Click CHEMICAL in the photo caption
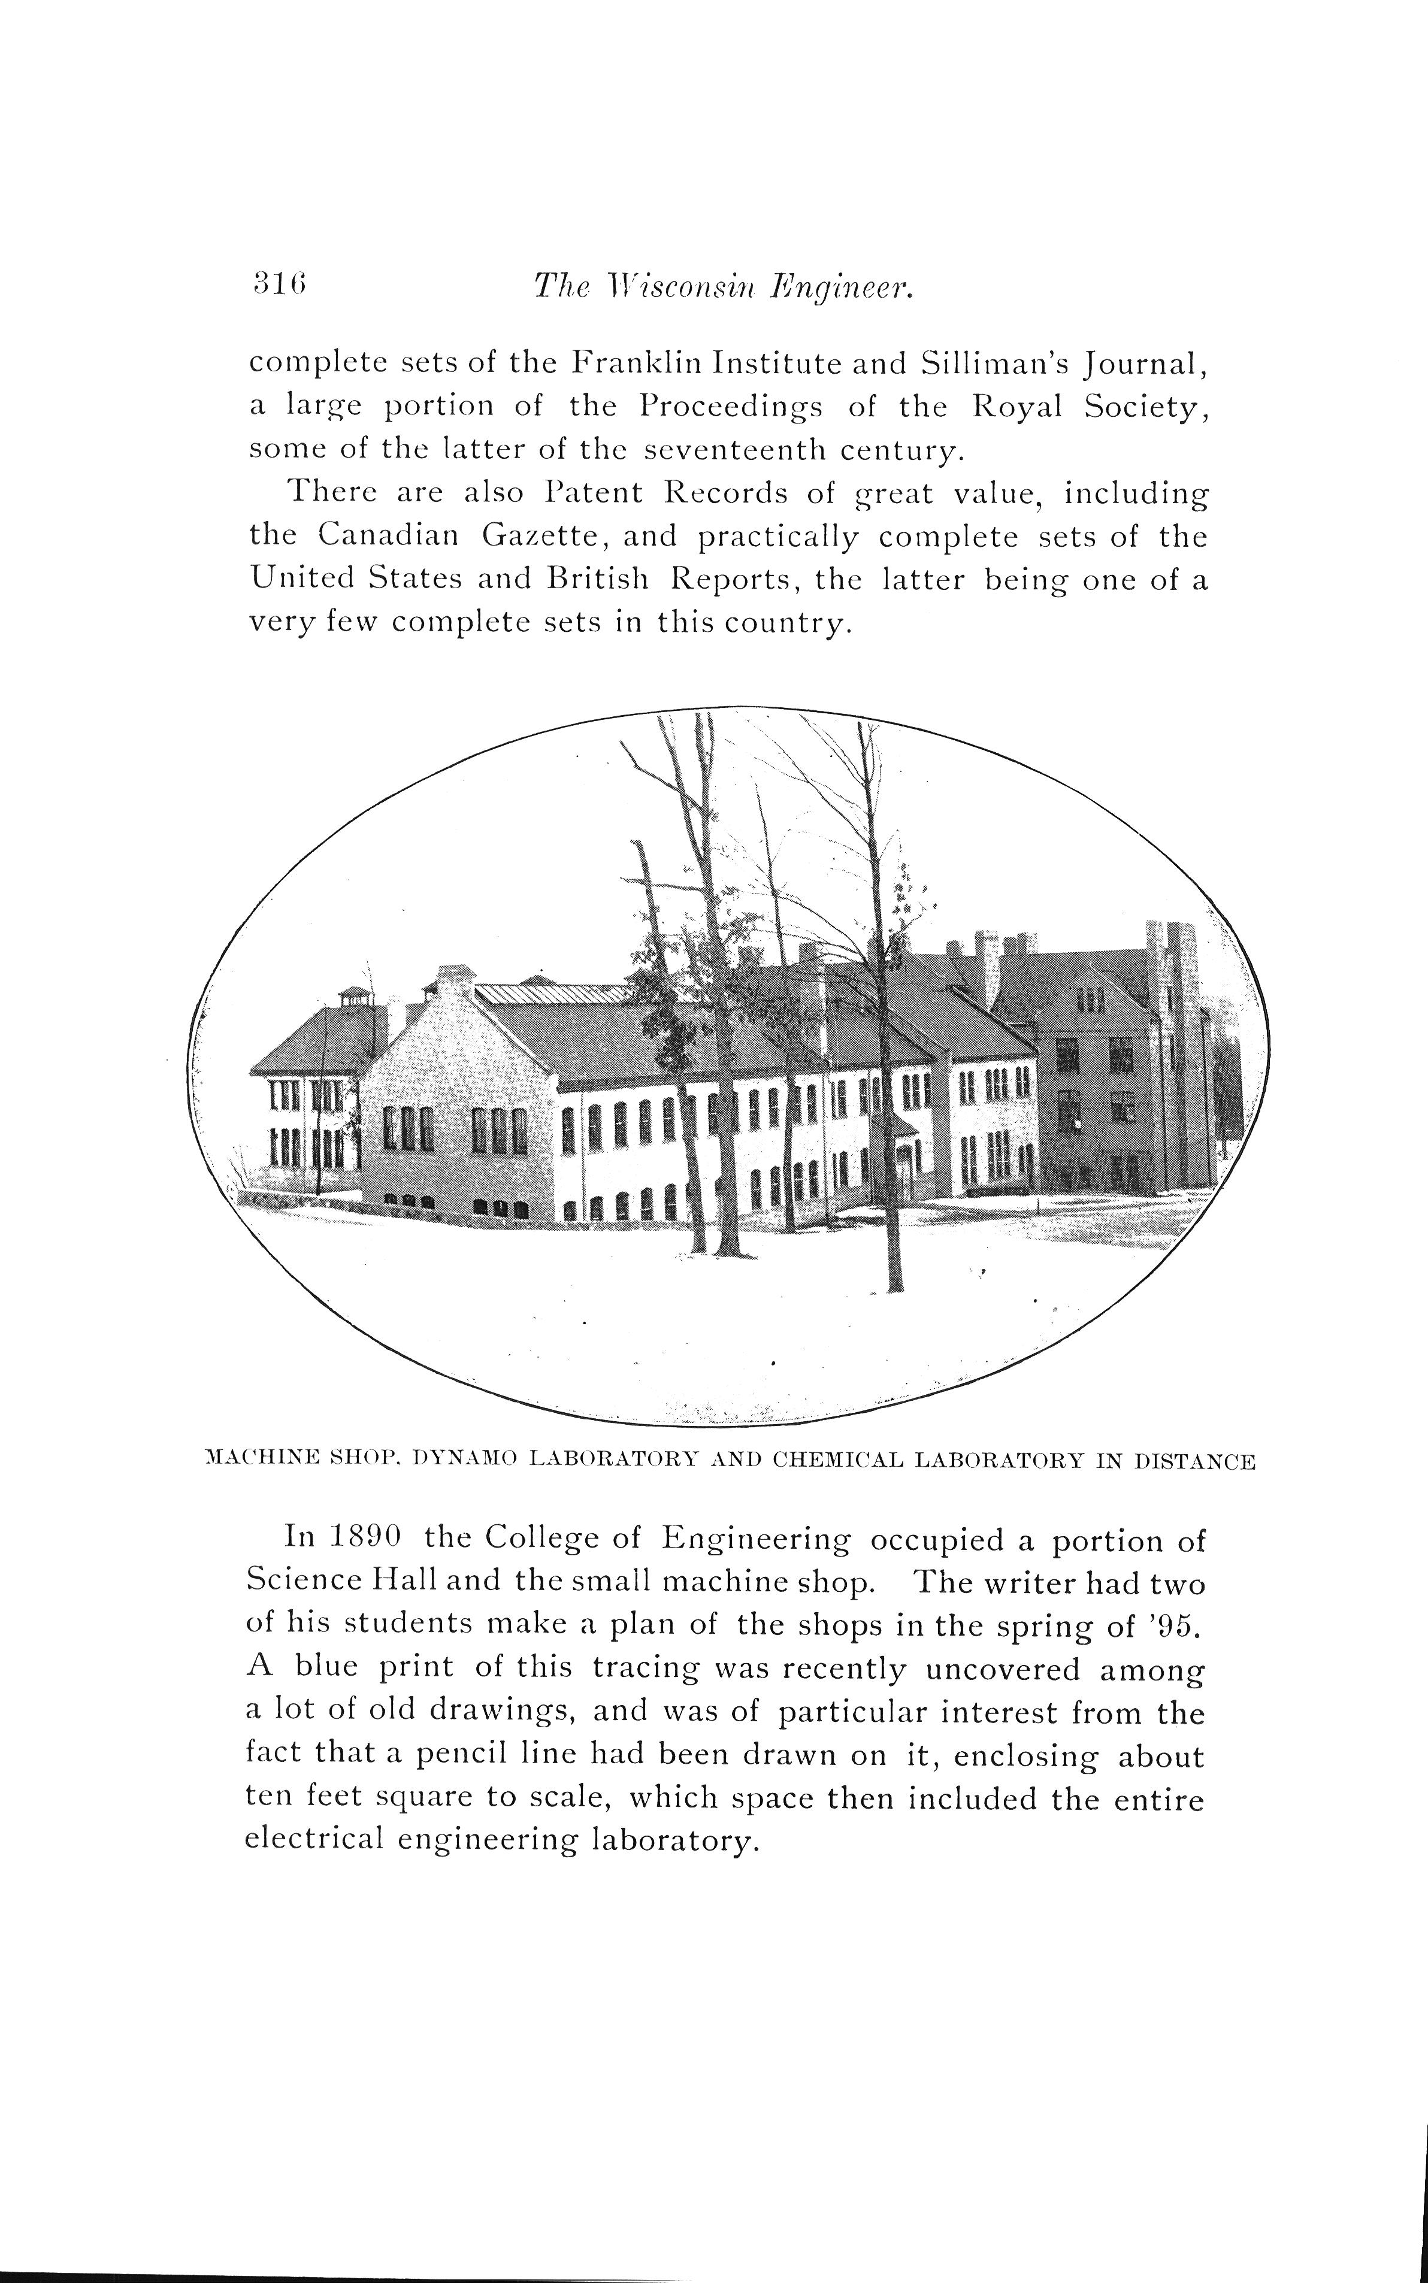point(832,1461)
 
